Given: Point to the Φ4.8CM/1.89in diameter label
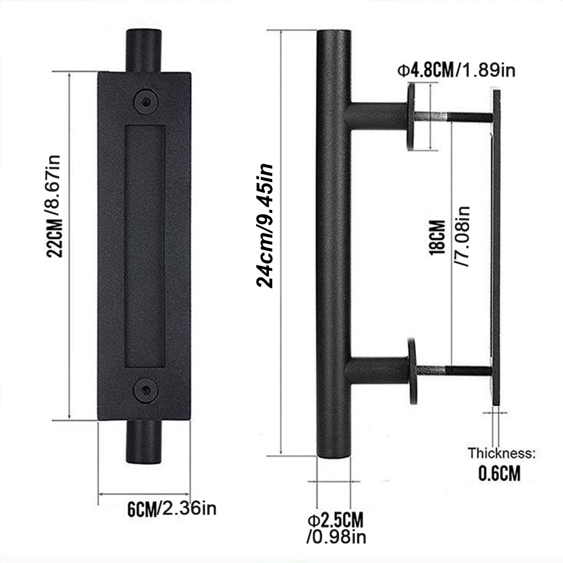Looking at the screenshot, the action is coord(456,71).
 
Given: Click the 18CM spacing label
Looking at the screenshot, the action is coord(437,238).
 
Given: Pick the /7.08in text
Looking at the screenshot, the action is coord(462,237).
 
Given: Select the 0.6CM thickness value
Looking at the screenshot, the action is coord(500,473).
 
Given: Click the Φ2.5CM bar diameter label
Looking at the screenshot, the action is coord(336,521).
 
